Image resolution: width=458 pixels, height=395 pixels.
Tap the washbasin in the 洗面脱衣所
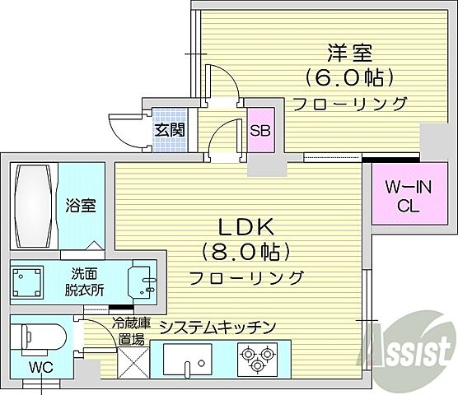coord(146,282)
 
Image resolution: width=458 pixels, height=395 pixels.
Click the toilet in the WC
coord(41,338)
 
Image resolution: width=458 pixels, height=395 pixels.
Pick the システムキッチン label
coord(217,327)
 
